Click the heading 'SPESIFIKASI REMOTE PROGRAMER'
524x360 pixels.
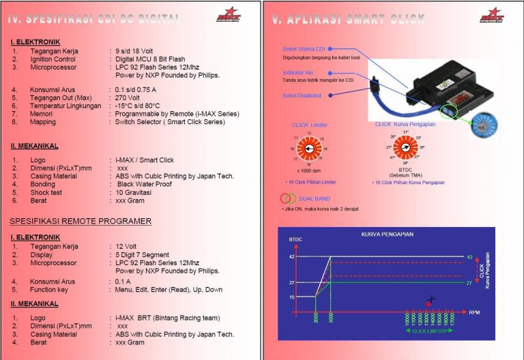point(81,222)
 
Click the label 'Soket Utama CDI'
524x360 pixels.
point(304,49)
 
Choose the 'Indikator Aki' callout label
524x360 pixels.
point(300,72)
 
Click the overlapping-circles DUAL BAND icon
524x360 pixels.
point(289,198)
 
